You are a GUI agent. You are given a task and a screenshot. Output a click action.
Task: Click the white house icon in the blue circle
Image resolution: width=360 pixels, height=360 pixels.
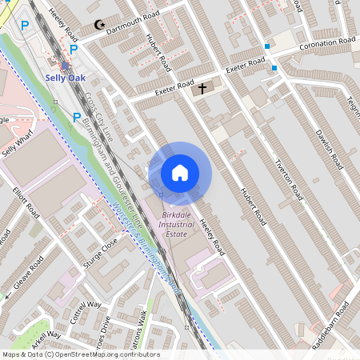tap(180, 172)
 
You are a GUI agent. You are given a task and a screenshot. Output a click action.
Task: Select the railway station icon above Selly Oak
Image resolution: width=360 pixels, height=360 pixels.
tap(65, 65)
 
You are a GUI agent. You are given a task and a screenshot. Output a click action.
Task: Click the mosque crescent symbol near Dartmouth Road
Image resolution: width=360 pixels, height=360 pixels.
tap(100, 26)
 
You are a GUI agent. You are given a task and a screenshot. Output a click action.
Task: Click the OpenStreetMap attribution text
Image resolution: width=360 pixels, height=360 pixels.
tap(80, 354)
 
